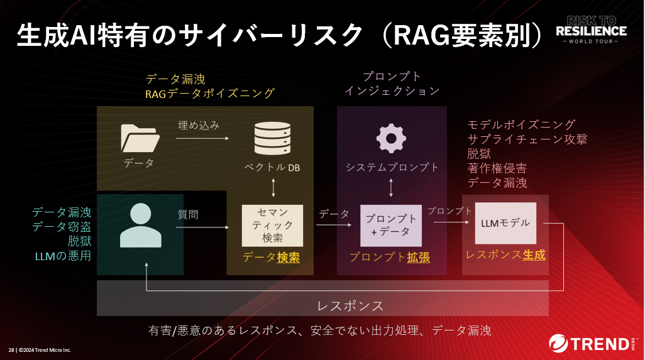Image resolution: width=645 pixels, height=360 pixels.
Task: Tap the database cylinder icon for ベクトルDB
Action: click(x=272, y=138)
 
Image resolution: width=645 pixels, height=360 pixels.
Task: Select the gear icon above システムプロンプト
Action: click(x=391, y=138)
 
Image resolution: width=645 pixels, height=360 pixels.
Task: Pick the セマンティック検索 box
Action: click(x=272, y=225)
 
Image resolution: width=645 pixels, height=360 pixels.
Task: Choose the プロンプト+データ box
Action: click(x=390, y=226)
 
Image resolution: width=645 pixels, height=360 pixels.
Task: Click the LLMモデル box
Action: click(x=505, y=223)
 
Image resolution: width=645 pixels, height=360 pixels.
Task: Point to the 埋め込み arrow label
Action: click(x=199, y=125)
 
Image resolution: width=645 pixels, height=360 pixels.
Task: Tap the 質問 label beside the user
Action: click(x=188, y=214)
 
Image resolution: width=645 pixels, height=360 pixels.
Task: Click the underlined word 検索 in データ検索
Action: click(x=288, y=258)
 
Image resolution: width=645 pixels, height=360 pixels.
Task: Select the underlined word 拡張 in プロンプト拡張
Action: click(x=418, y=258)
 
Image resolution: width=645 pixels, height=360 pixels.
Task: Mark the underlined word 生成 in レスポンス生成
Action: click(x=534, y=254)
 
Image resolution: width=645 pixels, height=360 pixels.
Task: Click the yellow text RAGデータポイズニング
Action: click(x=210, y=94)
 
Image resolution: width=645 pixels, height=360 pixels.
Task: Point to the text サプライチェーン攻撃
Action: click(x=527, y=139)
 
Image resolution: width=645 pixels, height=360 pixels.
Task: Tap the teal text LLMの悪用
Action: click(x=63, y=256)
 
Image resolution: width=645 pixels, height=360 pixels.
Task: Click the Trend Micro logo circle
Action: click(x=558, y=344)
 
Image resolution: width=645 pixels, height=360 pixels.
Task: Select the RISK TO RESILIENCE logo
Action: click(x=591, y=29)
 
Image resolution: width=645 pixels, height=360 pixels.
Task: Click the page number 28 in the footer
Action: click(x=11, y=349)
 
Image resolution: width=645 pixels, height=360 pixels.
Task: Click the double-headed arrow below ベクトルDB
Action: click(x=273, y=188)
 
